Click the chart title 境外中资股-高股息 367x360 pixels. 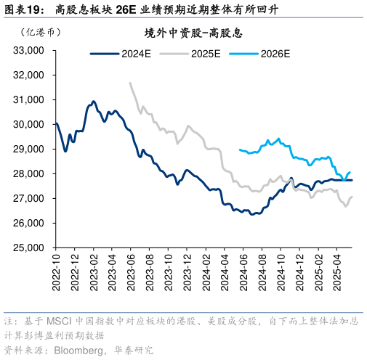coord(193,33)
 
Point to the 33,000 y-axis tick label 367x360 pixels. coord(30,51)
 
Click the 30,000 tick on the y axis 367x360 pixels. coord(30,125)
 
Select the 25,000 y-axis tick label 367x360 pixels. coord(30,248)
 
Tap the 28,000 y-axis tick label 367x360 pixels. coord(30,174)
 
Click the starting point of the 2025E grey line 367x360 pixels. coord(130,83)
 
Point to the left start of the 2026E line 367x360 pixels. coord(239,150)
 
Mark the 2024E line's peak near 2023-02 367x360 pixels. coord(93,102)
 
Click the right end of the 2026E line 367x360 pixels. coord(351,171)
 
